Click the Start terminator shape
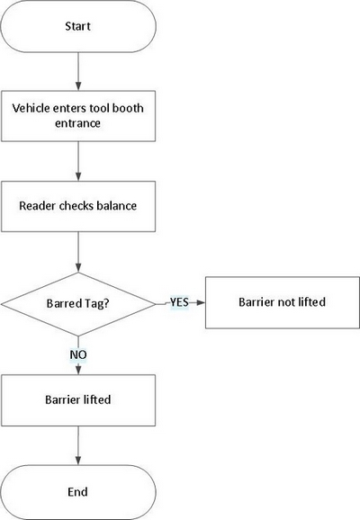[x=78, y=26]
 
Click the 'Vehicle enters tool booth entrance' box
[x=78, y=115]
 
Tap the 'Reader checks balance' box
[x=78, y=206]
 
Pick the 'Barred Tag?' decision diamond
[x=78, y=303]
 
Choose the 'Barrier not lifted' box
[x=281, y=302]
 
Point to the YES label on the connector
[x=179, y=303]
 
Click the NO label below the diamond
[x=78, y=354]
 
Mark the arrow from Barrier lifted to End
[x=78, y=445]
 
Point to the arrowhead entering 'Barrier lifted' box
[x=78, y=371]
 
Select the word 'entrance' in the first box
[x=78, y=124]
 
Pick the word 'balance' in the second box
[x=117, y=206]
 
